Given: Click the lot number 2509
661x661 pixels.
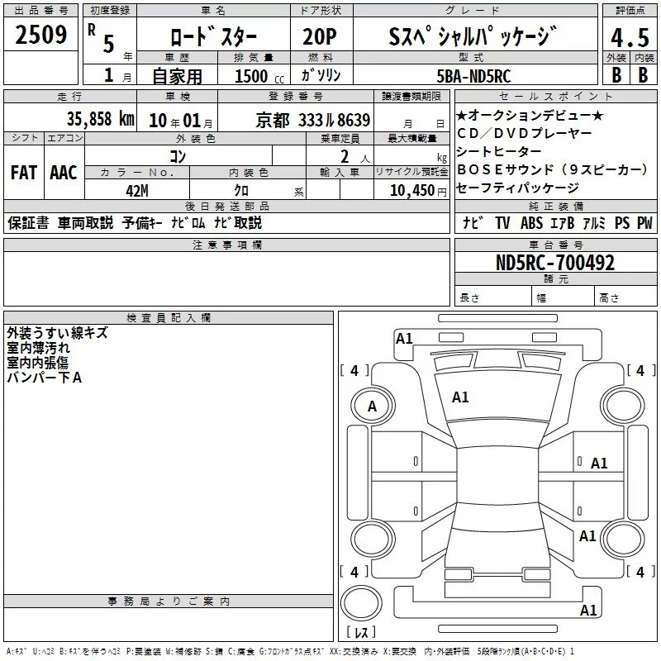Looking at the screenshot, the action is [40, 35].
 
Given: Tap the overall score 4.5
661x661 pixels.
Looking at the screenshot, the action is [630, 37].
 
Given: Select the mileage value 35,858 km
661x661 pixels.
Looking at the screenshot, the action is [100, 119].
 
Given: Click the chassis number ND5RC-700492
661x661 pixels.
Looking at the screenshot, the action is [555, 263].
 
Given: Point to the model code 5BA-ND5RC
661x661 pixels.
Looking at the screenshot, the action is [473, 76].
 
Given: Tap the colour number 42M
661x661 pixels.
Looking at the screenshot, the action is [137, 191].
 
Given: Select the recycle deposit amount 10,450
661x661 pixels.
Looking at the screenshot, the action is [412, 191].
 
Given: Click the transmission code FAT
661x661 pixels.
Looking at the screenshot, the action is [24, 173].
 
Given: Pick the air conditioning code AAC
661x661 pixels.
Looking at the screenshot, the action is [64, 173].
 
